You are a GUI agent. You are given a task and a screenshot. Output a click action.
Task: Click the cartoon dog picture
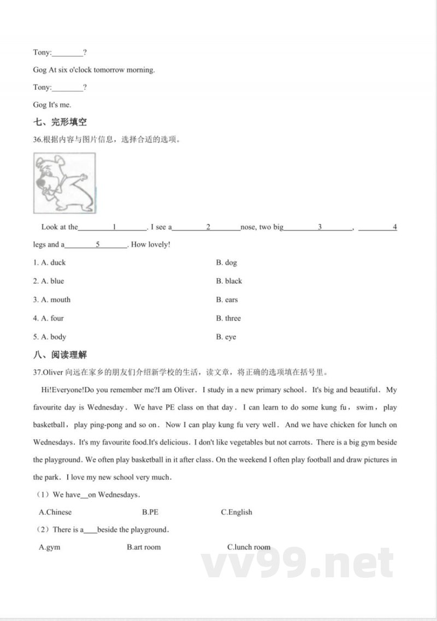tap(64, 183)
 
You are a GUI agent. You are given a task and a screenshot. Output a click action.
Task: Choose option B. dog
tap(227, 263)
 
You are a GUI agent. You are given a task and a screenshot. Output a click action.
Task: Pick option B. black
tap(229, 281)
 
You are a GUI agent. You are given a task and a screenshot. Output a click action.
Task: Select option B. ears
tap(227, 300)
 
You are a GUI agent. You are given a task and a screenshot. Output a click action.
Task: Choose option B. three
tap(228, 318)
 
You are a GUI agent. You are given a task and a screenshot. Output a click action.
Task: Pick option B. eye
tap(226, 337)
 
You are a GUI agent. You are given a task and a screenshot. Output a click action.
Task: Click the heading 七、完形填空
tap(60, 122)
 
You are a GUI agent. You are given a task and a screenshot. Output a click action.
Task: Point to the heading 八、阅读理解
tap(60, 355)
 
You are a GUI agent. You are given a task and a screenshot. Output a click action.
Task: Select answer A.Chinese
tap(55, 512)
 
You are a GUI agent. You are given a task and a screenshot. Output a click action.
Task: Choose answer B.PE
tap(150, 512)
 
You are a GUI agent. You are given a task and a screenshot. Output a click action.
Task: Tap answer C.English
tap(237, 512)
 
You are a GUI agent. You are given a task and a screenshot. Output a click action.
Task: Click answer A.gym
tap(50, 547)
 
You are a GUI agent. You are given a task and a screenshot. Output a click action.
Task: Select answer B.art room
tap(144, 547)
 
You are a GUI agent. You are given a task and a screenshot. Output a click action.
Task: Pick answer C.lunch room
tap(249, 547)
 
